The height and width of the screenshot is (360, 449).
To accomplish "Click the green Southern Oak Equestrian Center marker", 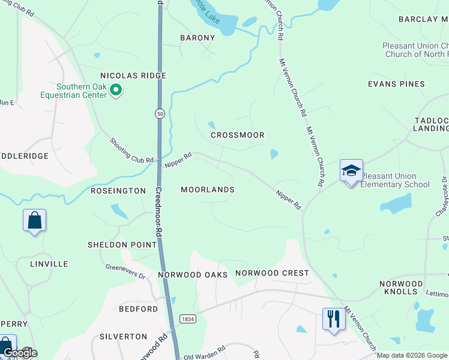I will tap(116, 91).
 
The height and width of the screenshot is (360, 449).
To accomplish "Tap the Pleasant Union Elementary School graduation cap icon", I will tap(351, 170).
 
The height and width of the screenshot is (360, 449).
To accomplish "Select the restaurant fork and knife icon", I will tap(334, 318).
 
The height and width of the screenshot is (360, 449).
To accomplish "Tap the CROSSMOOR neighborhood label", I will tap(238, 135).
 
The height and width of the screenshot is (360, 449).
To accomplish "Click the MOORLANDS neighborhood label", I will tap(208, 190).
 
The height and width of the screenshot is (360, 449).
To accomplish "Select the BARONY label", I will tap(197, 38).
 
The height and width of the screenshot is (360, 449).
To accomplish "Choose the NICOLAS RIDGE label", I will tap(133, 76).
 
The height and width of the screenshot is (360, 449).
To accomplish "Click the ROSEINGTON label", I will tap(118, 191).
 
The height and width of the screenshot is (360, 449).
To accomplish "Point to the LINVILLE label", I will tap(49, 264).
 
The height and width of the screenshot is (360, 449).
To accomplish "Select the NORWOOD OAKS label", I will tap(193, 275).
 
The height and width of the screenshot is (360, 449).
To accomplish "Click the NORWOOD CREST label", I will tap(272, 273).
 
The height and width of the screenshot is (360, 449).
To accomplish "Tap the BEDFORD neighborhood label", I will tap(138, 309).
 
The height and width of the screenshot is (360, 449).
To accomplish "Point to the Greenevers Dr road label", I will tap(125, 272).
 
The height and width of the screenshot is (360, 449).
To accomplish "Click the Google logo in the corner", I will tap(20, 353).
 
